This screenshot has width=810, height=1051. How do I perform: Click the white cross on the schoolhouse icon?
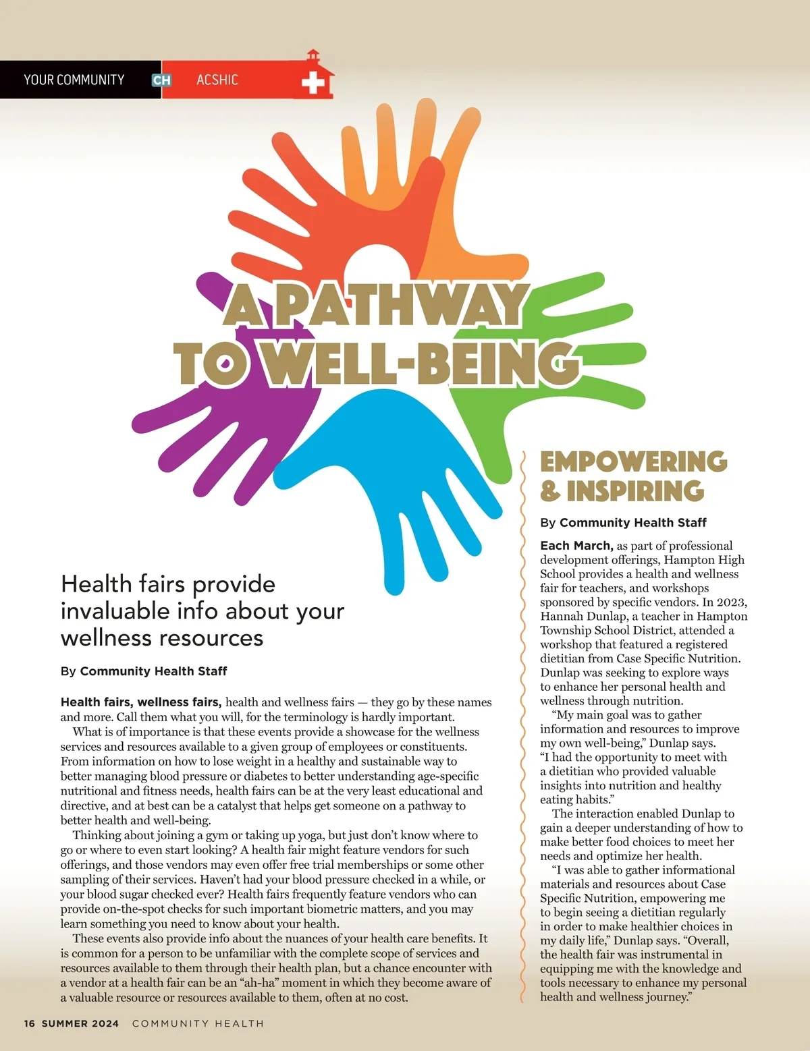tap(313, 84)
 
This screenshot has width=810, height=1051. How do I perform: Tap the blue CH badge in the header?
tap(161, 80)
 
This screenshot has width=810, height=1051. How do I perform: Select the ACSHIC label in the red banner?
tap(217, 80)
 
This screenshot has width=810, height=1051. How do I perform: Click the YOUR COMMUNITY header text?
tap(74, 80)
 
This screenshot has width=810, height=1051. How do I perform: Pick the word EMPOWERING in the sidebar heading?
tap(634, 462)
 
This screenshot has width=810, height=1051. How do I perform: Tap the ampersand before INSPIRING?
tap(550, 491)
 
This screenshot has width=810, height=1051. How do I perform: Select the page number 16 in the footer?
tap(29, 1023)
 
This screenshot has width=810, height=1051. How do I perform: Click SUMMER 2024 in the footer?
tap(80, 1023)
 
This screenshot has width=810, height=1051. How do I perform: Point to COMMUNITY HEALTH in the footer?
tap(198, 1023)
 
